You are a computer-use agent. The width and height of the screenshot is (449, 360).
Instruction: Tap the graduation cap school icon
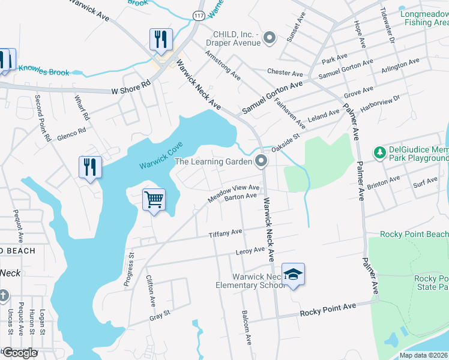[x=293, y=274]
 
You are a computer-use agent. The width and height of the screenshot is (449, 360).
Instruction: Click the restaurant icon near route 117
[x=161, y=40]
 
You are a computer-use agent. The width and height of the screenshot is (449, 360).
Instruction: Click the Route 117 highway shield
[x=198, y=14]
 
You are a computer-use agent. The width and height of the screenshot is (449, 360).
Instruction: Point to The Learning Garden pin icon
[x=261, y=161]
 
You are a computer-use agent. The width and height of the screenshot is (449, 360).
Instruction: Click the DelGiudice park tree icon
[x=379, y=153]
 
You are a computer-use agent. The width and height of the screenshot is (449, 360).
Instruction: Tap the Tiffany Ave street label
[x=225, y=233]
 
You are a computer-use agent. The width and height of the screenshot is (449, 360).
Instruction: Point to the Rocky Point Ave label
[x=328, y=310]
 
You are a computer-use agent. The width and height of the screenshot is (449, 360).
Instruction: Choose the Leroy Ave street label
[x=250, y=251]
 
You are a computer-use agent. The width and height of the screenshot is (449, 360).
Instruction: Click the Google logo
[x=20, y=353]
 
